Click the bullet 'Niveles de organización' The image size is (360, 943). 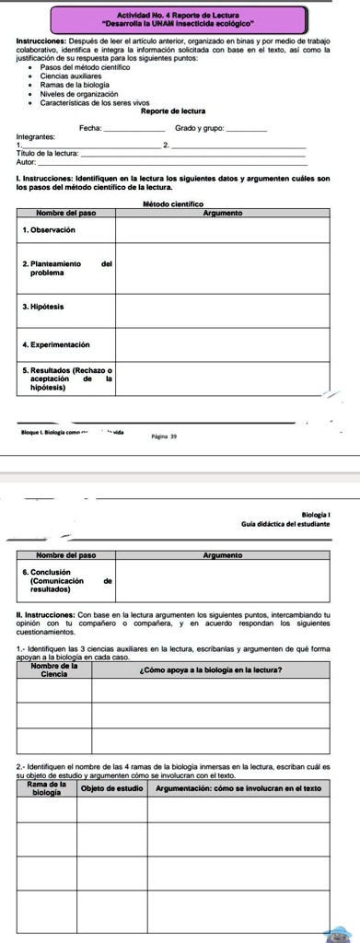pyautogui.click(x=80, y=94)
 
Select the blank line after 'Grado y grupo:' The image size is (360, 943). pyautogui.click(x=248, y=128)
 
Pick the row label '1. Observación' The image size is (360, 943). pyautogui.click(x=49, y=229)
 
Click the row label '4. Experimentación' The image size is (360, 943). pyautogui.click(x=56, y=344)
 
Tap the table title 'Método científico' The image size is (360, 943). pyautogui.click(x=175, y=204)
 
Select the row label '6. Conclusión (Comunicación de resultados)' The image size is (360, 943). pyautogui.click(x=65, y=579)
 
